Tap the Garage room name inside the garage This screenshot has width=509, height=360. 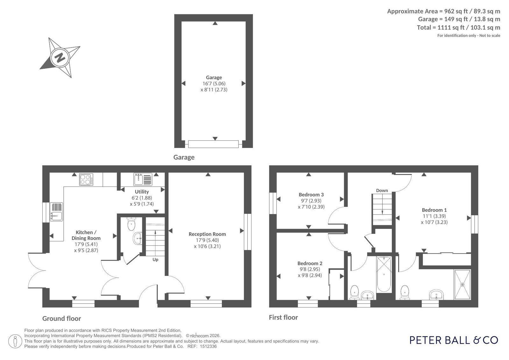click(x=214, y=77)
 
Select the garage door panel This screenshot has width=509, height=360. click(x=213, y=144)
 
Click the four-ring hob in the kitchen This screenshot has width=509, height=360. click(x=86, y=180)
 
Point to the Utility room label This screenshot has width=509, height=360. click(x=142, y=192)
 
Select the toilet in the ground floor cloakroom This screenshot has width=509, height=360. click(x=131, y=224)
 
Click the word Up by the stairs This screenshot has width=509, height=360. click(x=155, y=259)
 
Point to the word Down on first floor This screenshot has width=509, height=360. click(x=382, y=190)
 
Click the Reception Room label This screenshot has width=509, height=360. click(x=207, y=234)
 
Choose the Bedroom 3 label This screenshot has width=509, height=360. click(x=311, y=194)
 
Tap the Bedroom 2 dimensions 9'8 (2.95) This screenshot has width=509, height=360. click(x=310, y=269)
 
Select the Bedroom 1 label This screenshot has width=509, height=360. click(x=434, y=210)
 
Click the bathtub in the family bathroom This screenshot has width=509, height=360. click(x=384, y=274)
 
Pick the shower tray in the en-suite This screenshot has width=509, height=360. click(x=462, y=285)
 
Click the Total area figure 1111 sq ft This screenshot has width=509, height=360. click(x=451, y=27)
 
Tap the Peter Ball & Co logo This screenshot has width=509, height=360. click(x=454, y=340)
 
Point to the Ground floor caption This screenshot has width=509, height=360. click(x=61, y=318)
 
